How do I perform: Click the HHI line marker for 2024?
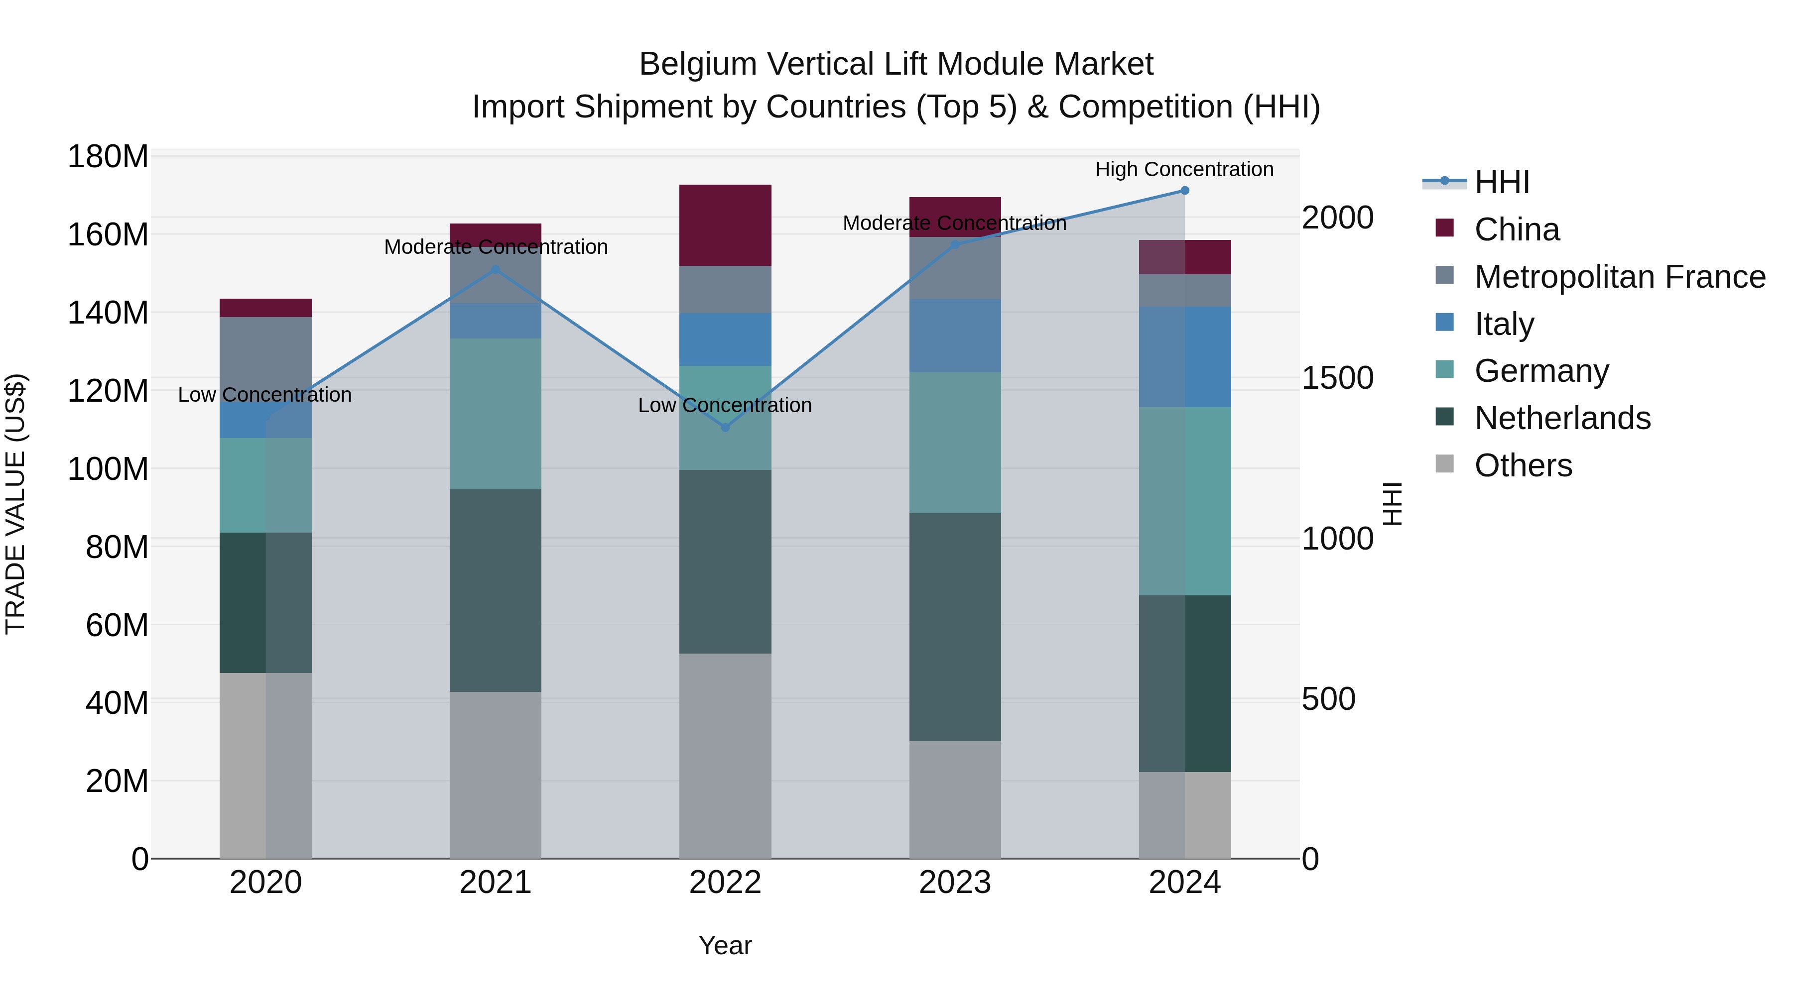coord(1185,191)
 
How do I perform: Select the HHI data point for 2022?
coord(725,427)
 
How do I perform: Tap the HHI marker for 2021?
coord(496,270)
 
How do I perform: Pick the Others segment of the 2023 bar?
coord(955,799)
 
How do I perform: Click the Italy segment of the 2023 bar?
coord(955,336)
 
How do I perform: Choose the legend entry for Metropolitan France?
coord(1620,277)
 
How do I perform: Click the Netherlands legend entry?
coord(1562,418)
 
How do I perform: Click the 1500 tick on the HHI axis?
coord(1337,378)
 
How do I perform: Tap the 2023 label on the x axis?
coord(955,883)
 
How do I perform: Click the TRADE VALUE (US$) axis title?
coord(15,504)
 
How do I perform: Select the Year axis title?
coord(725,945)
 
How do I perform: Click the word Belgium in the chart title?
coord(697,64)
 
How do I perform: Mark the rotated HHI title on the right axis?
coord(1392,504)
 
